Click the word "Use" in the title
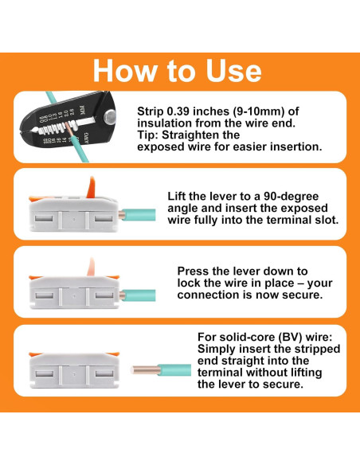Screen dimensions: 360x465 click(233, 71)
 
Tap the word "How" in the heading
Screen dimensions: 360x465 click(125, 71)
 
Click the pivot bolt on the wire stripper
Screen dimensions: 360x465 click(110, 116)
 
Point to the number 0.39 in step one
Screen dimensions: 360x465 click(178, 111)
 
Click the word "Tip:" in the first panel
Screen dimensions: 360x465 click(148, 135)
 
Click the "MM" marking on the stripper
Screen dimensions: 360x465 click(82, 111)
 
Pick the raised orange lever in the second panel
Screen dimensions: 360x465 click(90, 187)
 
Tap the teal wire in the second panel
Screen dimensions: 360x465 click(139, 214)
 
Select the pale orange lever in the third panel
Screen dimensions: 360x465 click(91, 267)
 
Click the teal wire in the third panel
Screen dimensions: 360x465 click(139, 295)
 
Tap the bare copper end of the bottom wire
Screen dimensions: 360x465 click(145, 369)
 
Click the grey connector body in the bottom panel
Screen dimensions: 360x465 click(74, 370)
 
